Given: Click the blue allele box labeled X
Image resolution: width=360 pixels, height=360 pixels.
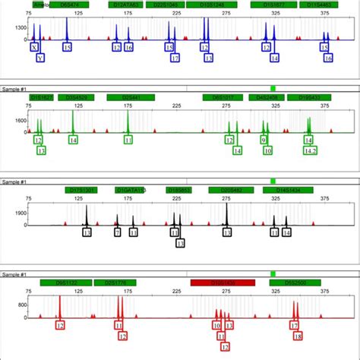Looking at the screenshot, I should [x=33, y=47].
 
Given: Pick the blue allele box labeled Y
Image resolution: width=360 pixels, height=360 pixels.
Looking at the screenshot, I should [x=40, y=57].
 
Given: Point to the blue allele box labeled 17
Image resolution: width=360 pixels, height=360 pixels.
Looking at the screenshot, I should [x=175, y=57].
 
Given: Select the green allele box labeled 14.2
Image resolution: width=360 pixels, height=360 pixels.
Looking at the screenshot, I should [x=310, y=150].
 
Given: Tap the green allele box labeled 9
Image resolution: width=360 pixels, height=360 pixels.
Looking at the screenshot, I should [x=264, y=140].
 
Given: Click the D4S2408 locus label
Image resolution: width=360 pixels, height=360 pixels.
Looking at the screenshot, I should [x=268, y=97].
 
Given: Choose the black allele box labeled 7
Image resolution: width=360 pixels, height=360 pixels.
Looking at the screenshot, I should [x=117, y=232].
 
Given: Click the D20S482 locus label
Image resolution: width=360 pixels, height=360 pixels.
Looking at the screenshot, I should [x=227, y=190].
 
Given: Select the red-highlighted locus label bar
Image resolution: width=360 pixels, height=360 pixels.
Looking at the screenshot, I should [x=222, y=282].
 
